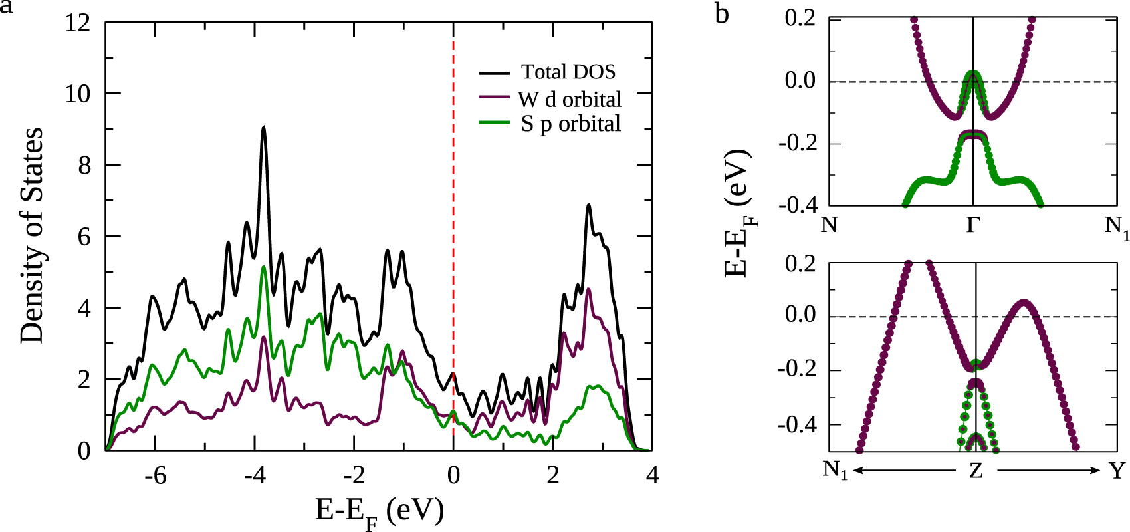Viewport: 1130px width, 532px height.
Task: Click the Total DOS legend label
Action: point(568,72)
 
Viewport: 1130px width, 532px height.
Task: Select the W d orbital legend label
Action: point(570,100)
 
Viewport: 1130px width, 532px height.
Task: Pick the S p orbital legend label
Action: point(570,124)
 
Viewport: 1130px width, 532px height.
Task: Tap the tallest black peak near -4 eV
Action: point(264,128)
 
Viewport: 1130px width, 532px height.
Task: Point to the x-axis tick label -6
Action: point(155,475)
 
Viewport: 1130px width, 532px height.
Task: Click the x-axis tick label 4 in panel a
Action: point(652,475)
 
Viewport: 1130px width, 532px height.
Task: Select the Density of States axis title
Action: point(32,236)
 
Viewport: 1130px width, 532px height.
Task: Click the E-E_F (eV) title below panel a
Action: point(379,512)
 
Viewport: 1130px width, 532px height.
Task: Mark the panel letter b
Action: point(722,13)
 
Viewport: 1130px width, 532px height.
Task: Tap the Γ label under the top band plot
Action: point(973,225)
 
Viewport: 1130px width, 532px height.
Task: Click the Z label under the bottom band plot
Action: point(976,471)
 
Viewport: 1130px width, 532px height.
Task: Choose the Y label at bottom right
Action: point(1117,471)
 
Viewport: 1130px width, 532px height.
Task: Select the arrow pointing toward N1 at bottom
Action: point(904,471)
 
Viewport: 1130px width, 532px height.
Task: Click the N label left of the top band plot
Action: point(829,225)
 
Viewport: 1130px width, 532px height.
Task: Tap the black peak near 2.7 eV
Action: point(588,206)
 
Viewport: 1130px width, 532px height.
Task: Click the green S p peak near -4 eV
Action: point(264,267)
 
